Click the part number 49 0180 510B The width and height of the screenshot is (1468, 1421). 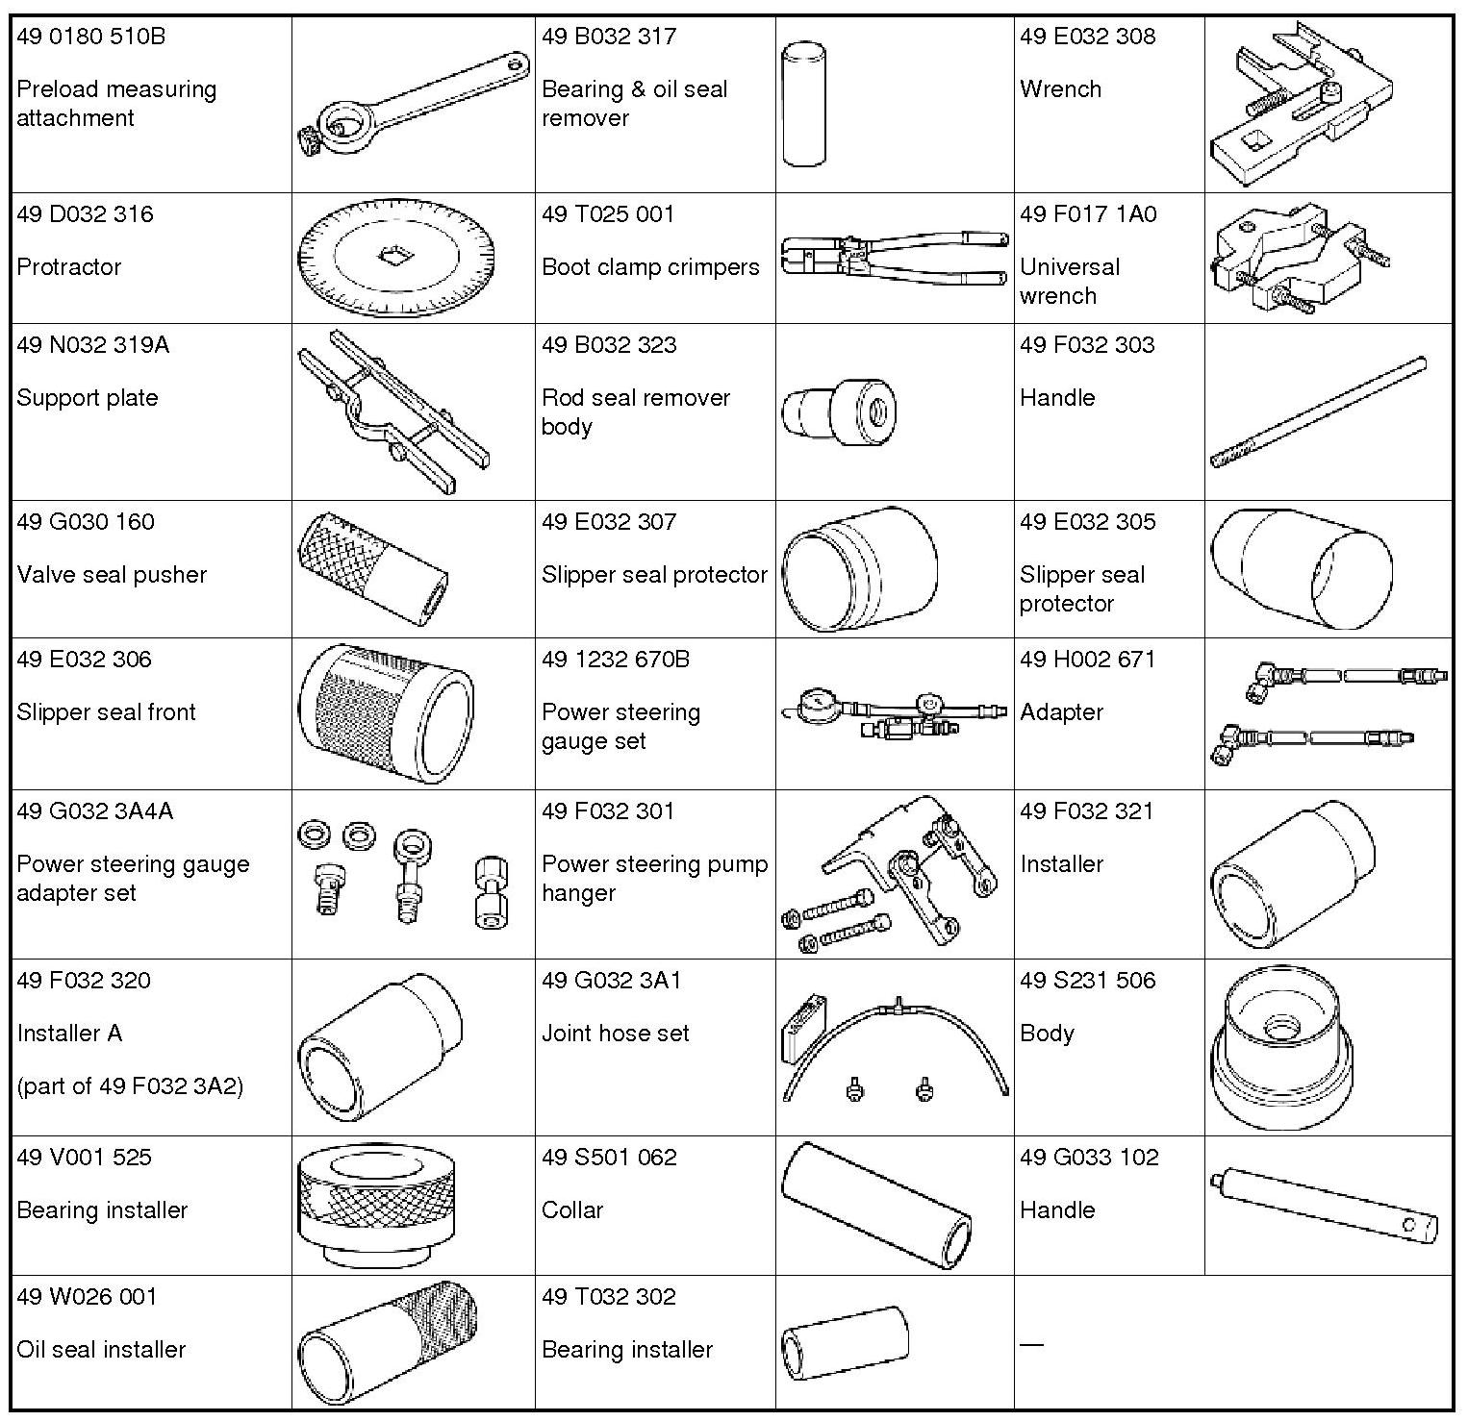(x=91, y=37)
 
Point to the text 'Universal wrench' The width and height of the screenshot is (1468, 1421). (x=1069, y=281)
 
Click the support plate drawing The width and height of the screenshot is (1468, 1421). (x=392, y=411)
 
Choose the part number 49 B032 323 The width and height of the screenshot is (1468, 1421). (x=609, y=345)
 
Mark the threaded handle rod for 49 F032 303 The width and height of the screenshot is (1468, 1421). (x=1318, y=411)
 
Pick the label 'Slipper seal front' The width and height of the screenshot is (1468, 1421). (x=106, y=712)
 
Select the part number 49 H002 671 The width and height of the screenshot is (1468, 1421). (x=1087, y=660)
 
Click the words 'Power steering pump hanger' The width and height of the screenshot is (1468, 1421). (x=654, y=879)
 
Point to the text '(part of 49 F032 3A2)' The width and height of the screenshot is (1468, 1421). (x=130, y=1086)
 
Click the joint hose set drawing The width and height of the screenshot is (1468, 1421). (x=895, y=1048)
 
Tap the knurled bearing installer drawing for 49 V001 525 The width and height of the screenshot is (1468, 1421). (x=377, y=1206)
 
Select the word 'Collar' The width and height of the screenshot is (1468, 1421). (x=572, y=1210)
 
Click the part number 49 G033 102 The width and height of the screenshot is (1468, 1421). (x=1089, y=1158)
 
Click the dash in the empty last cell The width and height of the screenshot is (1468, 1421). (x=1031, y=1344)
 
